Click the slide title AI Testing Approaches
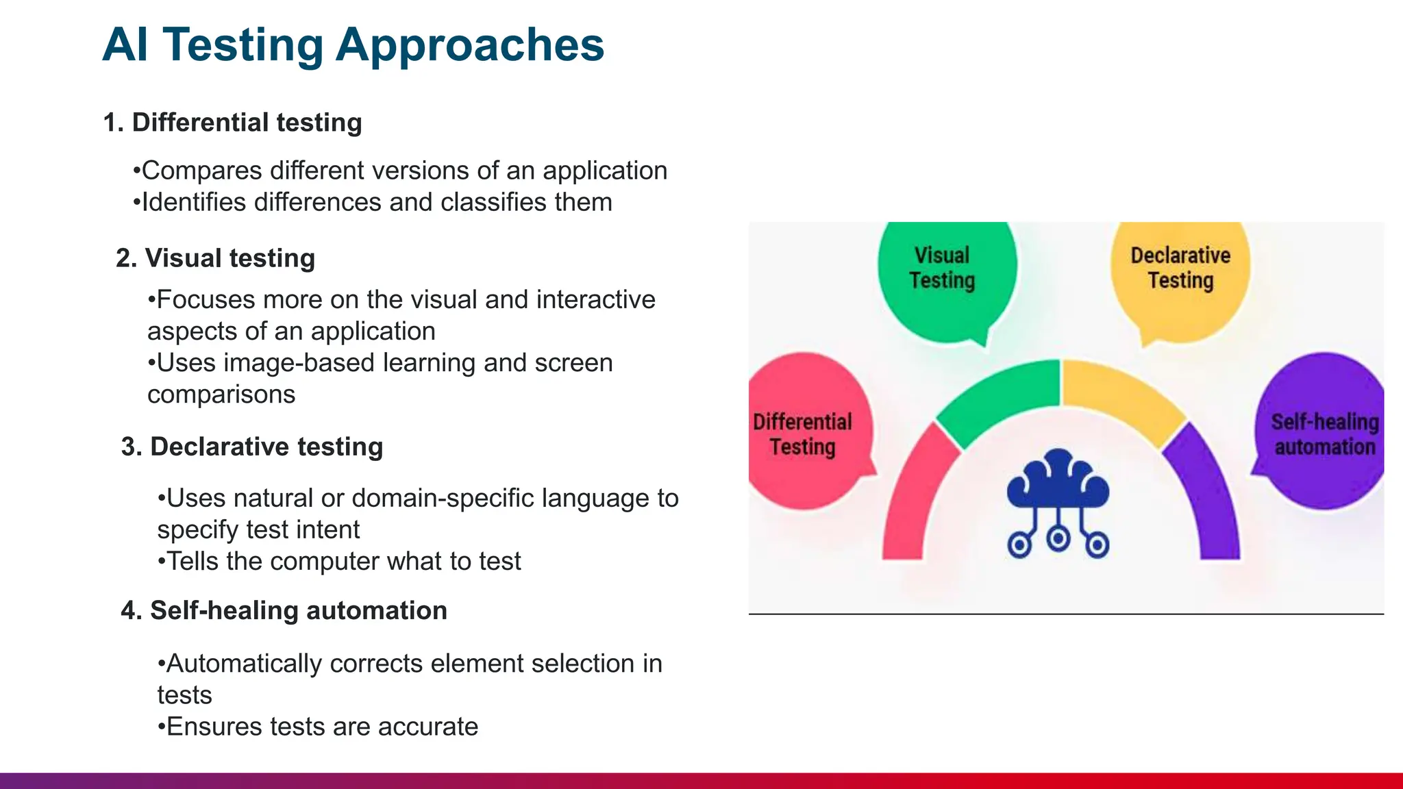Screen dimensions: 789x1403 coord(353,45)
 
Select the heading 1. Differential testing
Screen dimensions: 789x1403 coord(232,123)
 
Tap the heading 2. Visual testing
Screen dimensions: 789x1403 coord(215,258)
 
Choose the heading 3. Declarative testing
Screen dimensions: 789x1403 coord(251,447)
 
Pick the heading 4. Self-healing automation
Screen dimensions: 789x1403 coord(284,610)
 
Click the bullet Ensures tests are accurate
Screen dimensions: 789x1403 coord(318,727)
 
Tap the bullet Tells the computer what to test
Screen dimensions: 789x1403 coord(339,562)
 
